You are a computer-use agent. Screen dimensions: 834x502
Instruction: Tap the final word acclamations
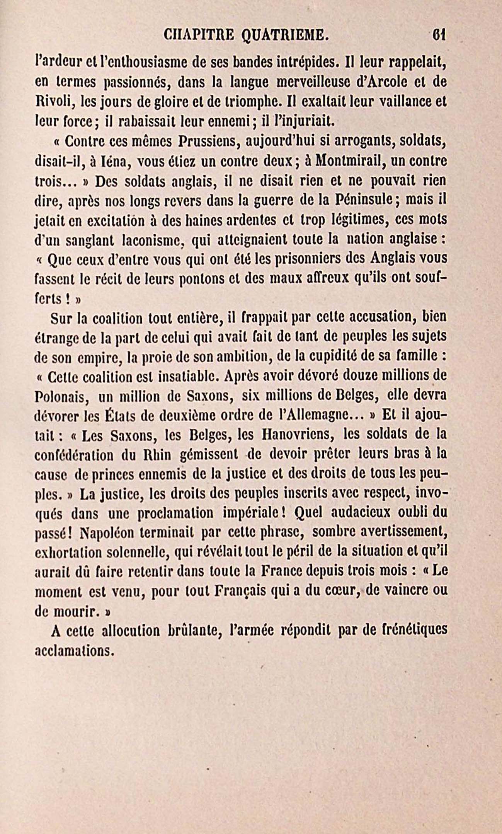74,651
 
